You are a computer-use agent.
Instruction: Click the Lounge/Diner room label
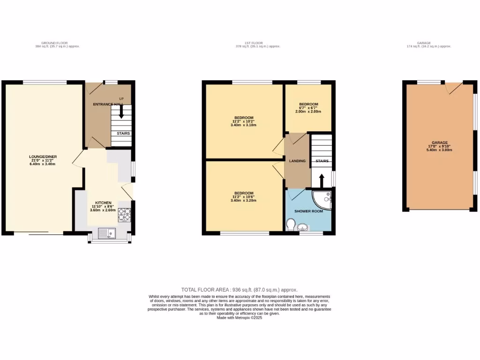pos(39,156)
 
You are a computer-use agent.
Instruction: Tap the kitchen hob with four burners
pos(124,215)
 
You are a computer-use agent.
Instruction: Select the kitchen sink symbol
pos(105,232)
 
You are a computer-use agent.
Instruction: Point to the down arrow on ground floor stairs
pos(121,112)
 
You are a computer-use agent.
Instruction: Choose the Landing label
pos(297,161)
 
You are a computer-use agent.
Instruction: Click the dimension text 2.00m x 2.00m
pos(309,112)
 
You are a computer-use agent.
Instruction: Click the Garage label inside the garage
pos(440,142)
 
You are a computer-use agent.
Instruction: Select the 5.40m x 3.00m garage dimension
pos(440,150)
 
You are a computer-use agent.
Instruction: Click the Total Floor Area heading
pos(239,290)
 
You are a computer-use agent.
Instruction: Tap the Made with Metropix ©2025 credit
pos(239,317)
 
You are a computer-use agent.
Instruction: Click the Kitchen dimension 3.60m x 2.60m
pos(103,210)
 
